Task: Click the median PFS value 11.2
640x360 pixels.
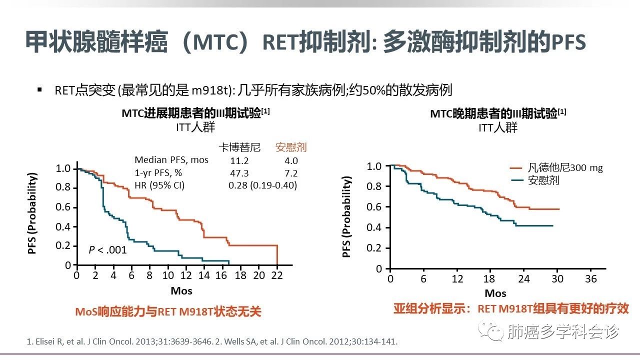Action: coord(239,160)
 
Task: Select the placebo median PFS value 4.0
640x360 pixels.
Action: coord(290,160)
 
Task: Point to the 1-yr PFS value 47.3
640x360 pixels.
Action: coord(239,173)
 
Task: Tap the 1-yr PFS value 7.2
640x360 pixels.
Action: coord(290,173)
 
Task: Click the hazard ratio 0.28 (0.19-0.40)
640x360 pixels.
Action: coord(262,185)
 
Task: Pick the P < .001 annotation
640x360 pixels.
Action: coord(107,249)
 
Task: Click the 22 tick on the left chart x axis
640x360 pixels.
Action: coord(277,275)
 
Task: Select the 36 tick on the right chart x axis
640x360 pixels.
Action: coord(591,279)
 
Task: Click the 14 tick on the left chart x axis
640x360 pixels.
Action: coord(204,275)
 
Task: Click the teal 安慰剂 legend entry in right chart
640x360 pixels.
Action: coord(543,180)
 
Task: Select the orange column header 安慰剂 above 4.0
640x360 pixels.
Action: coord(290,147)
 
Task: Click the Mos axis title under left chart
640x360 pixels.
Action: coord(181,290)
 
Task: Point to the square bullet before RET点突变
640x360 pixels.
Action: coord(39,89)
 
